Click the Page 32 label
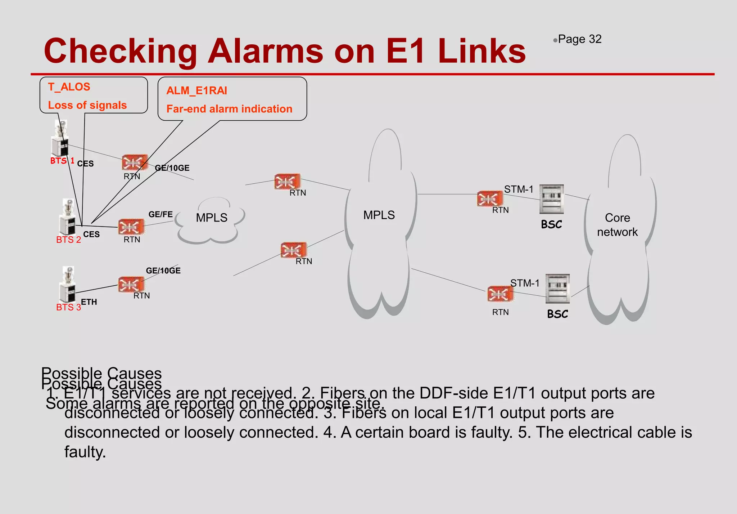(x=579, y=39)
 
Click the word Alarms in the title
(x=266, y=51)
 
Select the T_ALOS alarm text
(x=69, y=87)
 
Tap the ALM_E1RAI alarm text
(x=196, y=91)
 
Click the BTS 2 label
(x=68, y=240)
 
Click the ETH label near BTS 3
(x=89, y=302)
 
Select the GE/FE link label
(x=160, y=214)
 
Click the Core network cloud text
(x=617, y=225)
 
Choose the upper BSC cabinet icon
(x=552, y=199)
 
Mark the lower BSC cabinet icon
(x=557, y=289)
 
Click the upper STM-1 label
(x=519, y=189)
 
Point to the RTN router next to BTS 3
(x=131, y=284)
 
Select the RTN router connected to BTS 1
(x=134, y=162)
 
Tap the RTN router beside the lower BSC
(x=500, y=294)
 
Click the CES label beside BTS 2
(x=91, y=234)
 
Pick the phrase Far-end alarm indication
(x=229, y=109)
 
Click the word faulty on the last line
(x=85, y=452)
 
